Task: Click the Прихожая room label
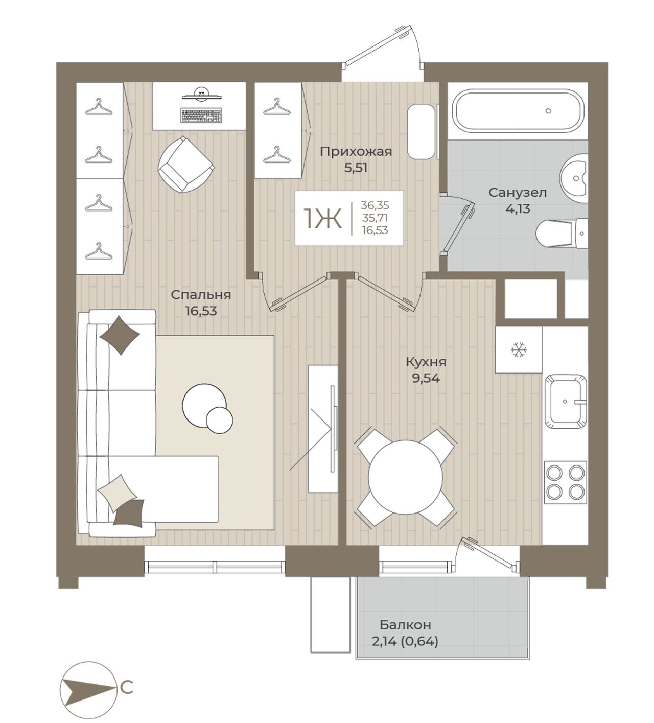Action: [356, 151]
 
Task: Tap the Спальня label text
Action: [201, 295]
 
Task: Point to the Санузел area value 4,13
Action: [518, 208]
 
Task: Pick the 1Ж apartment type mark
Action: [322, 219]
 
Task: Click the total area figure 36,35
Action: [375, 205]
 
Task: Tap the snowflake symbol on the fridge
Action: [519, 349]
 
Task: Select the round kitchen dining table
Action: [406, 477]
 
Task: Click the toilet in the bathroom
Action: [562, 234]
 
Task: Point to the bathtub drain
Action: [549, 111]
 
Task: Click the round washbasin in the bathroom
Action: [574, 178]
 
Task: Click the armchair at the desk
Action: [186, 165]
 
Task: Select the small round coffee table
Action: [220, 420]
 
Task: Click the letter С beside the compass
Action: [127, 688]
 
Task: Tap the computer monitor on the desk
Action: [201, 95]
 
